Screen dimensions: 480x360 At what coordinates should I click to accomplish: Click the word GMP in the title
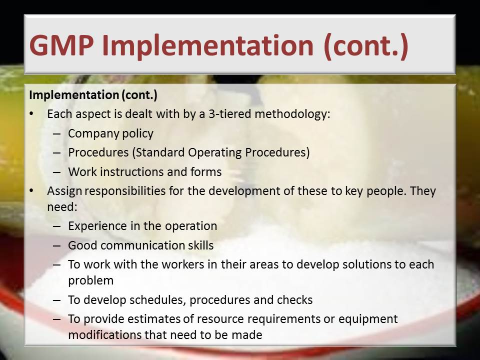61,45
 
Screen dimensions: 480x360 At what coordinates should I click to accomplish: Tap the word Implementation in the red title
207,46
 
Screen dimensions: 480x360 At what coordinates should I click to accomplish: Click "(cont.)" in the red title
365,45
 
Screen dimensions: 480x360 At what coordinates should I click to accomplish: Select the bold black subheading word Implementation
74,95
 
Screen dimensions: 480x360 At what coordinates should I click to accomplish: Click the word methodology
292,114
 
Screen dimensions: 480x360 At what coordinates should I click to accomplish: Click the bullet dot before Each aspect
32,114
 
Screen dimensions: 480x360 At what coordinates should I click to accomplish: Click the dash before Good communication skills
57,246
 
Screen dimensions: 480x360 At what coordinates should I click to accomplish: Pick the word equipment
368,319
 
